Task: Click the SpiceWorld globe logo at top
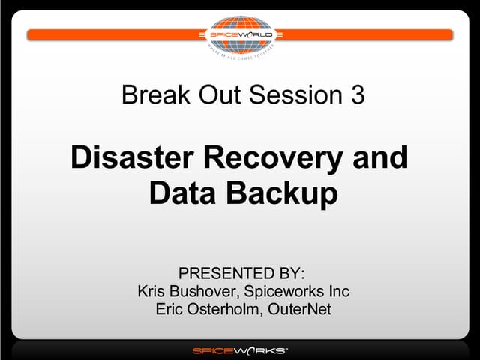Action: (240, 34)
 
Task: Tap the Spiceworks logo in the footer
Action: (240, 350)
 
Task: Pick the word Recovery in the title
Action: (279, 158)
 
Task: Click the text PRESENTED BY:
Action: (241, 272)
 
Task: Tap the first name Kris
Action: (152, 290)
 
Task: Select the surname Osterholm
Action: (223, 309)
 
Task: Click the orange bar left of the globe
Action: (112, 34)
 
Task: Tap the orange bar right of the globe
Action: (367, 34)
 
